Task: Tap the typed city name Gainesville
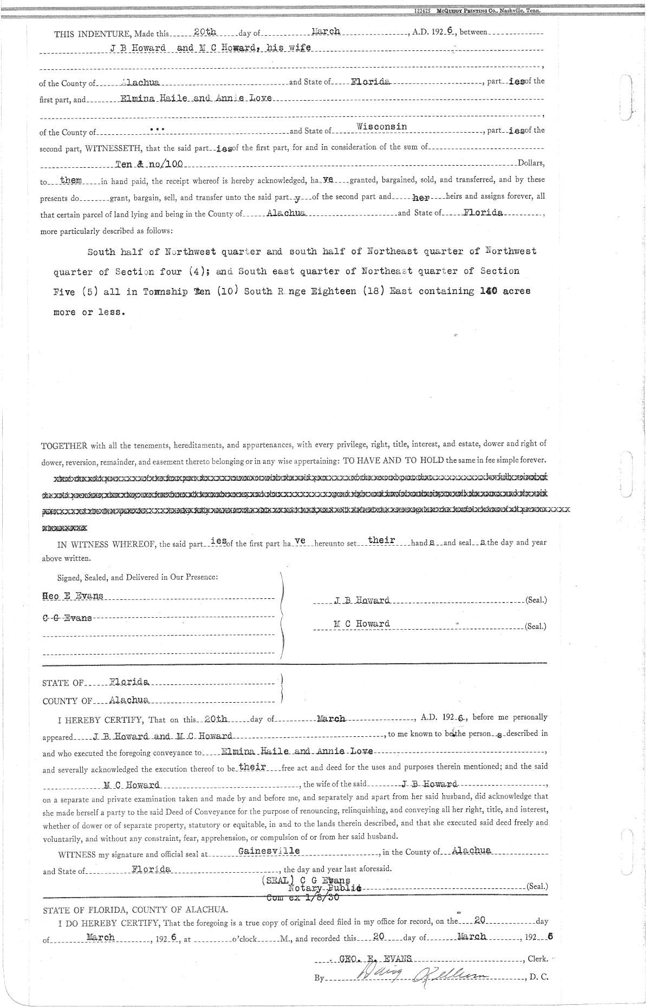click(269, 851)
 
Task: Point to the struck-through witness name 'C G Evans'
click(67, 618)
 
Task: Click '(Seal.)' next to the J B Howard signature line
click(536, 600)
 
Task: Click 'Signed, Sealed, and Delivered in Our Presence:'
click(138, 577)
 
